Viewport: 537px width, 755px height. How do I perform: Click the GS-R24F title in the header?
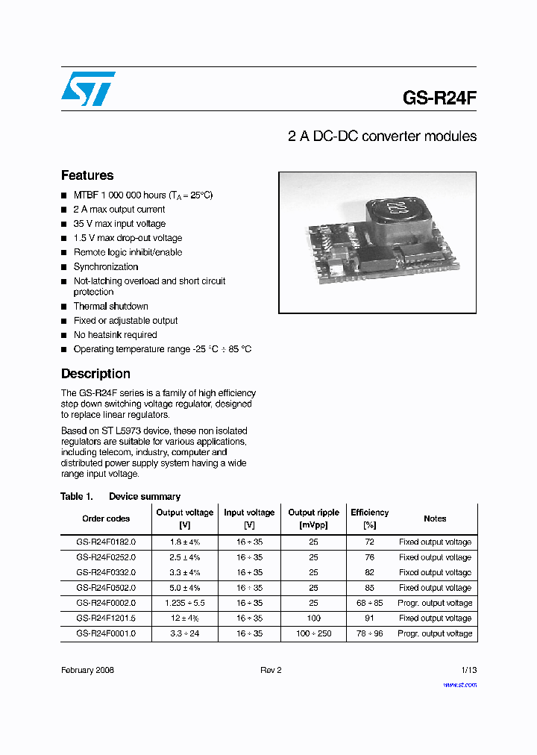[x=439, y=98]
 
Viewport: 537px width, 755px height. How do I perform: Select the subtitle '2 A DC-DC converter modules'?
[x=382, y=137]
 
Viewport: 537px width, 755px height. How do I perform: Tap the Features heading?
[x=87, y=175]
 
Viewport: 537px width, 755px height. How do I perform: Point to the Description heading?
[x=95, y=374]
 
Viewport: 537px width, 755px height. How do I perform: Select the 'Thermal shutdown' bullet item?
[x=110, y=307]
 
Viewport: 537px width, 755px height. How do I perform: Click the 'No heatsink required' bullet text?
[x=115, y=335]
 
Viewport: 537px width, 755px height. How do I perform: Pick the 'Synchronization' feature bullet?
[x=105, y=267]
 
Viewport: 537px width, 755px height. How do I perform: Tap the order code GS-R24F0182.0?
[x=106, y=542]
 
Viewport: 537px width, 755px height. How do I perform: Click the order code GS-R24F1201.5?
[x=106, y=618]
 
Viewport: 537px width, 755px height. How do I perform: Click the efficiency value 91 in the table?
[x=369, y=618]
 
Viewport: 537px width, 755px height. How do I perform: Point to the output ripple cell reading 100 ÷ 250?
[x=313, y=633]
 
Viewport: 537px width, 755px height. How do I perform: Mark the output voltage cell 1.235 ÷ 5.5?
[x=184, y=603]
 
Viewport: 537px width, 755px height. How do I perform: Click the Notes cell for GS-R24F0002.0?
[x=435, y=603]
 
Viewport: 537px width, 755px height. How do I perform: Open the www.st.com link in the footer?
[x=459, y=685]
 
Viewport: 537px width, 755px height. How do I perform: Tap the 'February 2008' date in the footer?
[x=87, y=670]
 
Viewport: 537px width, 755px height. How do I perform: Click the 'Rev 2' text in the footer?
[x=271, y=670]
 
